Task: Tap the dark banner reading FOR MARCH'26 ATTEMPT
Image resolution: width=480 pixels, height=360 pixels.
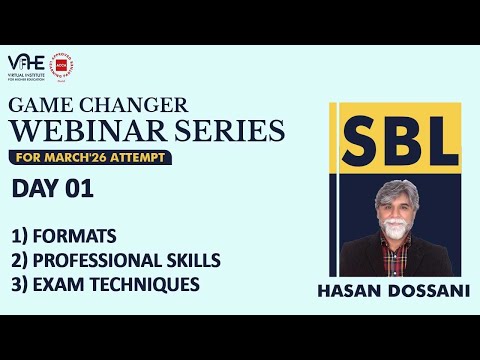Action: click(x=90, y=158)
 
